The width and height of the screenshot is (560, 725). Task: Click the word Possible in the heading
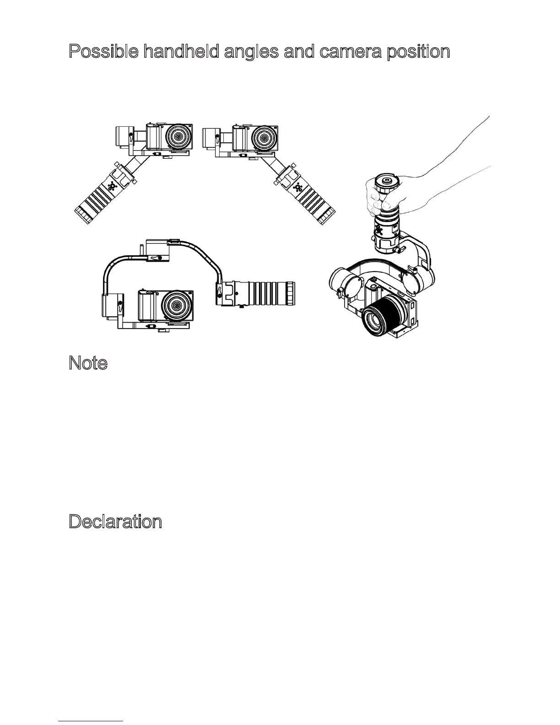pyautogui.click(x=104, y=52)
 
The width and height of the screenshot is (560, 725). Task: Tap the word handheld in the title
pyautogui.click(x=182, y=52)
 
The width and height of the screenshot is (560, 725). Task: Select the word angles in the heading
pyautogui.click(x=251, y=52)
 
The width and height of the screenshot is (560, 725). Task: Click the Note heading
pyautogui.click(x=88, y=363)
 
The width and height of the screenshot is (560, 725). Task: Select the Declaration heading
pyautogui.click(x=115, y=522)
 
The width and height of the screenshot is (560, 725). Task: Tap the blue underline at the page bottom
pyautogui.click(x=91, y=721)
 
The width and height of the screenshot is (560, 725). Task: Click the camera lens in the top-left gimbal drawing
pyautogui.click(x=178, y=137)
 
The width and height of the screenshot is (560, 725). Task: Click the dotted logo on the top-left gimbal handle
pyautogui.click(x=112, y=187)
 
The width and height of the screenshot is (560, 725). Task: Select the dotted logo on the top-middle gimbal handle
pyautogui.click(x=298, y=187)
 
